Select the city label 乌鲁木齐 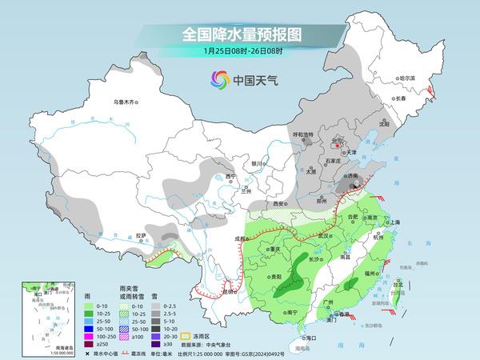pyautogui.click(x=126, y=102)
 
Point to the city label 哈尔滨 pyautogui.click(x=407, y=78)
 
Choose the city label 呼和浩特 pyautogui.click(x=307, y=134)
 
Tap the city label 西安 pyautogui.click(x=278, y=204)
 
